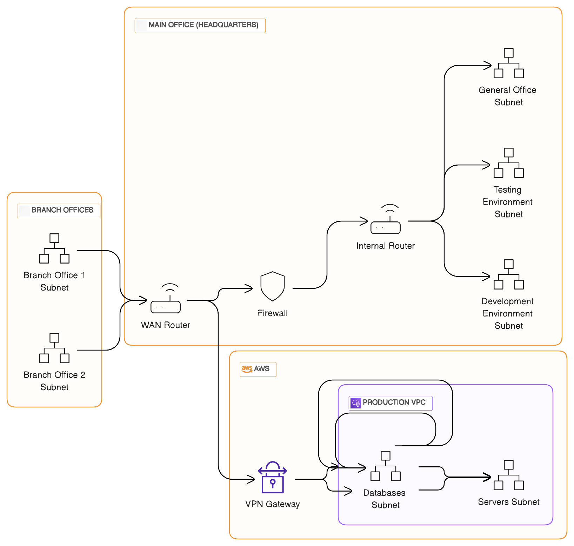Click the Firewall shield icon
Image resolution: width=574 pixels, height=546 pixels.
pyautogui.click(x=273, y=286)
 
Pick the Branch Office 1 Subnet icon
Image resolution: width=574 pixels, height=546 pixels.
pyautogui.click(x=54, y=248)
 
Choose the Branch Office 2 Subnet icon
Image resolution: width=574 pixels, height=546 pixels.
pyautogui.click(x=54, y=348)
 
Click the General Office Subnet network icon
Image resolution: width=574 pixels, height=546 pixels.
pyautogui.click(x=509, y=64)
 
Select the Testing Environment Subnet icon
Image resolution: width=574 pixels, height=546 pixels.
pyautogui.click(x=509, y=163)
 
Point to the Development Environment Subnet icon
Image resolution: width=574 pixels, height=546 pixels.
pyautogui.click(x=509, y=274)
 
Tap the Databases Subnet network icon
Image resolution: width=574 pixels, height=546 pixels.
pyautogui.click(x=386, y=466)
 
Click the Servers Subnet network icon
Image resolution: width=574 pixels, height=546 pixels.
pyautogui.click(x=509, y=475)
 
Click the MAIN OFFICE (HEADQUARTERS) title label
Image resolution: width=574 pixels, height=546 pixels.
pyautogui.click(x=203, y=25)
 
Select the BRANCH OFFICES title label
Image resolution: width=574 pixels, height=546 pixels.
pyautogui.click(x=62, y=210)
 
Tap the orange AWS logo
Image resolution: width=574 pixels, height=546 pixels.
pyautogui.click(x=247, y=369)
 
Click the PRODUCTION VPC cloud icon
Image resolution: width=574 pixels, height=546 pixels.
pyautogui.click(x=356, y=403)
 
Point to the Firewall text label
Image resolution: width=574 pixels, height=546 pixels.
pyautogui.click(x=273, y=313)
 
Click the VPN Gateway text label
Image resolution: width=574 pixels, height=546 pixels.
pyautogui.click(x=273, y=504)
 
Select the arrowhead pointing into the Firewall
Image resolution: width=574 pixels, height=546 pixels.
pyautogui.click(x=249, y=289)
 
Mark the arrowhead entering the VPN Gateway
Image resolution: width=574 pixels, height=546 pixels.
pyautogui.click(x=251, y=479)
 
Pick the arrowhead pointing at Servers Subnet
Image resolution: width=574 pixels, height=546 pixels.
pyautogui.click(x=487, y=477)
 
